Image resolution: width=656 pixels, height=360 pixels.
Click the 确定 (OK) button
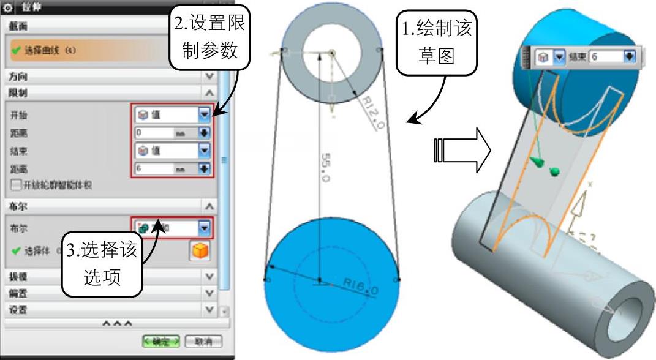pos(161,341)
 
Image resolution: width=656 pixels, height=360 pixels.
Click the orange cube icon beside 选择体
pos(200,251)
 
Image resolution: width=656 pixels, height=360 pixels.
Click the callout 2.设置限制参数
pos(209,37)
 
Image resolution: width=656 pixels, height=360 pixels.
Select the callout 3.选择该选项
pos(102,264)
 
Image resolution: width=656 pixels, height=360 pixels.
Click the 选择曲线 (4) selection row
pos(92,50)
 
